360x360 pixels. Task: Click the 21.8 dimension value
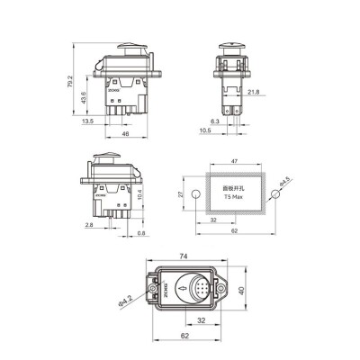click(x=254, y=92)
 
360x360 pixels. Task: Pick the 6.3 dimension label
click(x=215, y=120)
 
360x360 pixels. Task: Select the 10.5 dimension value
click(x=205, y=130)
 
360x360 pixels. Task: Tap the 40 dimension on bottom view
click(x=244, y=291)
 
